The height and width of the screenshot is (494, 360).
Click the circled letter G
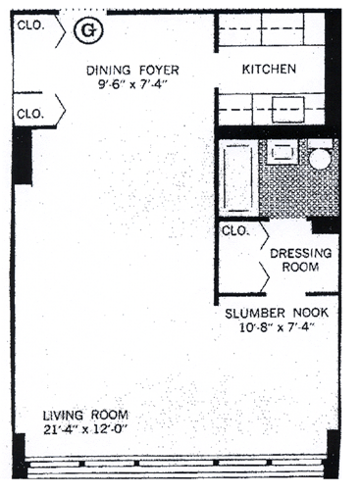[x=88, y=30]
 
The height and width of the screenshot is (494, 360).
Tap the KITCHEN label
[x=269, y=70]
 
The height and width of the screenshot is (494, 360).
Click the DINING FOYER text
[x=132, y=71]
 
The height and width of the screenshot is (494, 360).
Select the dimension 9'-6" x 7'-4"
[x=132, y=84]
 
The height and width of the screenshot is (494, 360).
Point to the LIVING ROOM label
[x=85, y=416]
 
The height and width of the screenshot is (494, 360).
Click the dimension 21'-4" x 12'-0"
[x=85, y=429]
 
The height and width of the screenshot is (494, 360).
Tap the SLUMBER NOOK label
[x=277, y=313]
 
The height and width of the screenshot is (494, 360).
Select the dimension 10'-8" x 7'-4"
[x=277, y=327]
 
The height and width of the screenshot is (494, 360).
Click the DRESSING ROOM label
[x=300, y=260]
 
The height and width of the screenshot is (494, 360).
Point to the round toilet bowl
[x=321, y=159]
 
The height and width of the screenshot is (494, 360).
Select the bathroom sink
[x=282, y=152]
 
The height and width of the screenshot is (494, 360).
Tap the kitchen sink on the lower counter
[x=288, y=110]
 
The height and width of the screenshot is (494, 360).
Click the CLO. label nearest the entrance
[x=30, y=25]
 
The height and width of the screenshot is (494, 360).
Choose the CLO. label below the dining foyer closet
[x=30, y=114]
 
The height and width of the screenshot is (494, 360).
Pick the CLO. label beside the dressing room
[x=235, y=231]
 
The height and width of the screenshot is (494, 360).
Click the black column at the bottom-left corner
[x=19, y=456]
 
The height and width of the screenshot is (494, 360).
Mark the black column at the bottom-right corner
[x=332, y=454]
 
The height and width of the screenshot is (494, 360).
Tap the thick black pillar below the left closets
[x=23, y=156]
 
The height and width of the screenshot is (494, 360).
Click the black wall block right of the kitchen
[x=333, y=70]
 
